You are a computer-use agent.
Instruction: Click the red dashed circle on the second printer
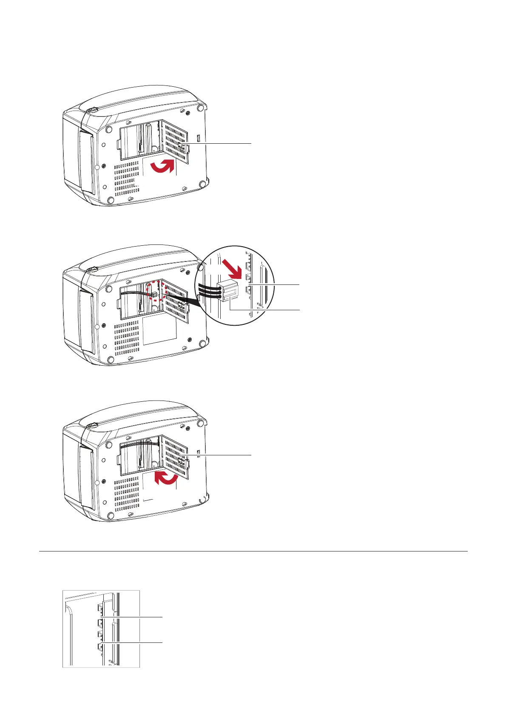pos(153,293)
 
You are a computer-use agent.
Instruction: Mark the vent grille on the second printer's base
pos(127,338)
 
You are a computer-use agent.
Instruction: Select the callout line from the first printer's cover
pos(219,144)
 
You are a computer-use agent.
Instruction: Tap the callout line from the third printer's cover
pos(219,456)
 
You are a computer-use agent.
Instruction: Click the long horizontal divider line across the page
pos(253,551)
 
